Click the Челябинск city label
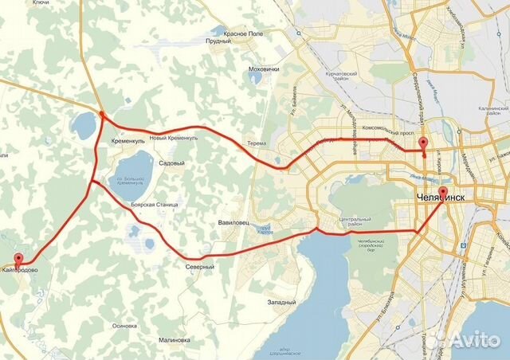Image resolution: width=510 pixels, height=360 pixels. click(441, 196)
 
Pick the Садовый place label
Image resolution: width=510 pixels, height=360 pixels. click(172, 163)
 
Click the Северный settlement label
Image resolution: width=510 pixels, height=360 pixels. click(199, 267)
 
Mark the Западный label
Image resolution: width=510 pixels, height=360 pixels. click(282, 303)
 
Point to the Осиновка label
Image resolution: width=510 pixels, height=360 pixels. click(125, 326)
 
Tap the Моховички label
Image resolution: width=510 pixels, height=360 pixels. click(264, 69)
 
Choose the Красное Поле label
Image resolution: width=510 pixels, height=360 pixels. click(244, 34)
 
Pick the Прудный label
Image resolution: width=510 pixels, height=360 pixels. click(218, 41)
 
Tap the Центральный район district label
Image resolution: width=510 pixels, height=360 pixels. click(355, 221)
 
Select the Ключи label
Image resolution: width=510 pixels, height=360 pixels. click(18, 3)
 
